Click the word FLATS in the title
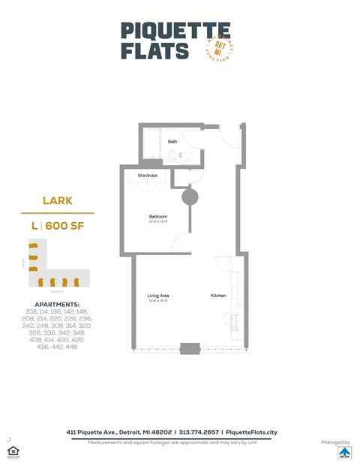[x=155, y=51]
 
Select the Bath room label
[x=172, y=141]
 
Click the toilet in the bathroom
[x=173, y=157]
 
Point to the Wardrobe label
[x=147, y=176]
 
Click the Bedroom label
[x=157, y=217]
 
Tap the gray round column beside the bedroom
[x=190, y=197]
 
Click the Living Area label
[x=157, y=296]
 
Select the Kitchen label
[x=217, y=296]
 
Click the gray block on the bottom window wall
[x=189, y=349]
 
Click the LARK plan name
[x=57, y=201]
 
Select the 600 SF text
[x=66, y=224]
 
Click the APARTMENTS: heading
[x=57, y=305]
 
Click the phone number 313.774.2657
[x=196, y=433]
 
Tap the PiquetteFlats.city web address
[x=251, y=433]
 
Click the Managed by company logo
[x=344, y=453]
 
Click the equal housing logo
[x=12, y=452]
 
